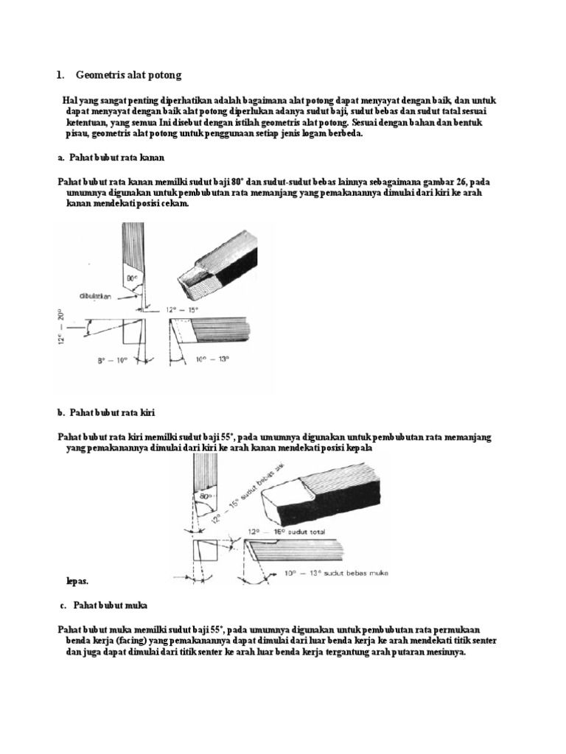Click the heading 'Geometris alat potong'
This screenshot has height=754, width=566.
[127, 75]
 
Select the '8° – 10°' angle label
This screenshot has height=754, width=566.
[113, 360]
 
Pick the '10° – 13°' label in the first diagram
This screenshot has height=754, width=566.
[214, 359]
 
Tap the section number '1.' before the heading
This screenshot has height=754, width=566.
[61, 75]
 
